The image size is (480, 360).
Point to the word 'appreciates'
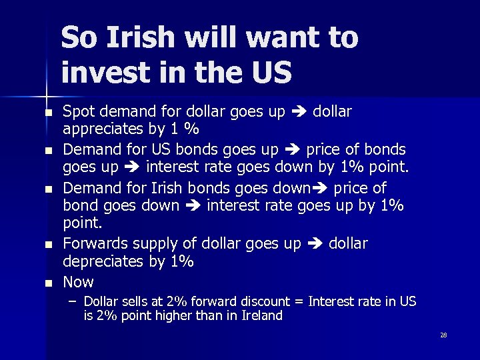tap(103, 129)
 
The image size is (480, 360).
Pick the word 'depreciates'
tap(103, 261)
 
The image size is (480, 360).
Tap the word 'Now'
tap(78, 281)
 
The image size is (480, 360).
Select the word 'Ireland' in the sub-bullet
tap(260, 316)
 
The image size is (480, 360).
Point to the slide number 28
tap(443, 335)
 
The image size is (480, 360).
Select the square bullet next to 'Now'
tap(48, 283)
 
